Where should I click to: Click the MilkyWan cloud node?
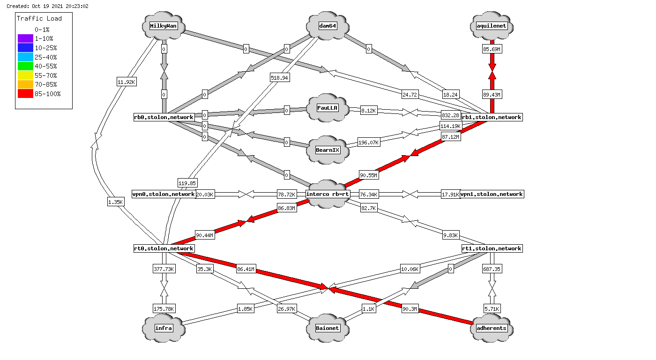click(x=164, y=26)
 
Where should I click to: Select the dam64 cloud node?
click(x=328, y=26)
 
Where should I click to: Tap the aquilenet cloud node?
click(x=492, y=26)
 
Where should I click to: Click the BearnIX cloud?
click(x=328, y=150)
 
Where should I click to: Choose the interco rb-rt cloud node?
click(x=328, y=194)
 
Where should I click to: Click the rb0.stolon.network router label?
click(x=164, y=117)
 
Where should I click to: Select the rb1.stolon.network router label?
click(x=492, y=117)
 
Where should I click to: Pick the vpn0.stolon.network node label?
click(x=164, y=194)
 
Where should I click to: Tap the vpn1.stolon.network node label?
click(x=492, y=194)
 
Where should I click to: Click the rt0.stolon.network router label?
click(x=164, y=248)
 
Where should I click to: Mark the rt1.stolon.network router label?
click(x=492, y=248)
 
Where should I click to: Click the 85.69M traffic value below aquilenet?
click(x=492, y=49)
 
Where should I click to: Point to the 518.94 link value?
click(x=279, y=78)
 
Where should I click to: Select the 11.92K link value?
click(x=127, y=82)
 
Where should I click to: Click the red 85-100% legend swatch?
click(x=25, y=94)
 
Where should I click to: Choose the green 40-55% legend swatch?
click(x=25, y=66)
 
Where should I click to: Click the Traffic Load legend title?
click(x=39, y=19)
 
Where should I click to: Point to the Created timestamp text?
click(x=47, y=6)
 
